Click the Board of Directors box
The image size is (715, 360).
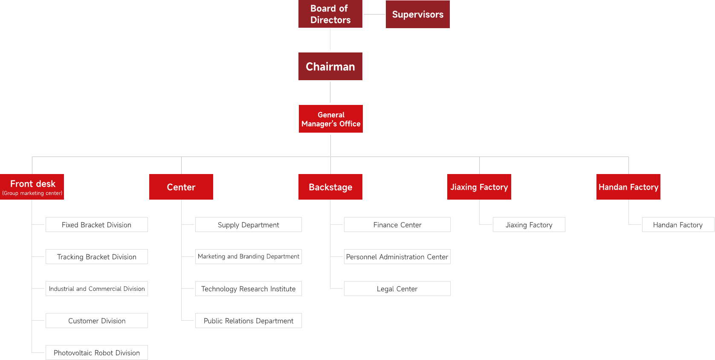(x=330, y=14)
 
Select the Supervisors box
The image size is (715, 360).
(x=418, y=15)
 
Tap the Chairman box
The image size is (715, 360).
(x=330, y=67)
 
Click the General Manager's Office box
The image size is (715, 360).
(x=331, y=119)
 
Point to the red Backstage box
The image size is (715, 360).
(x=330, y=187)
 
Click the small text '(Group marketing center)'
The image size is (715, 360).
(x=32, y=193)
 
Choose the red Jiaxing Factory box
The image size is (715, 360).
(x=479, y=187)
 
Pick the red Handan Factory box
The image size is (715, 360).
(x=628, y=187)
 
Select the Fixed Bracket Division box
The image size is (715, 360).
(x=97, y=225)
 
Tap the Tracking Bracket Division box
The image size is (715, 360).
(x=97, y=257)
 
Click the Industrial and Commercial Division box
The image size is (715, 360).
(x=97, y=289)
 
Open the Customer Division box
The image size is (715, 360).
(x=97, y=321)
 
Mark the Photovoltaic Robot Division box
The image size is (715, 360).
(x=97, y=353)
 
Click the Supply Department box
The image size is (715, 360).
(x=249, y=225)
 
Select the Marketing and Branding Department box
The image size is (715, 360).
(x=249, y=257)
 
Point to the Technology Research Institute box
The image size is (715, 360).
(x=249, y=289)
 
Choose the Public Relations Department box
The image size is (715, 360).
(x=249, y=321)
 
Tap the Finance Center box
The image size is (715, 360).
(x=397, y=225)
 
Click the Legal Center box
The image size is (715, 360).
(x=397, y=289)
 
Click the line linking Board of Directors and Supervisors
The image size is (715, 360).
(x=374, y=14)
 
